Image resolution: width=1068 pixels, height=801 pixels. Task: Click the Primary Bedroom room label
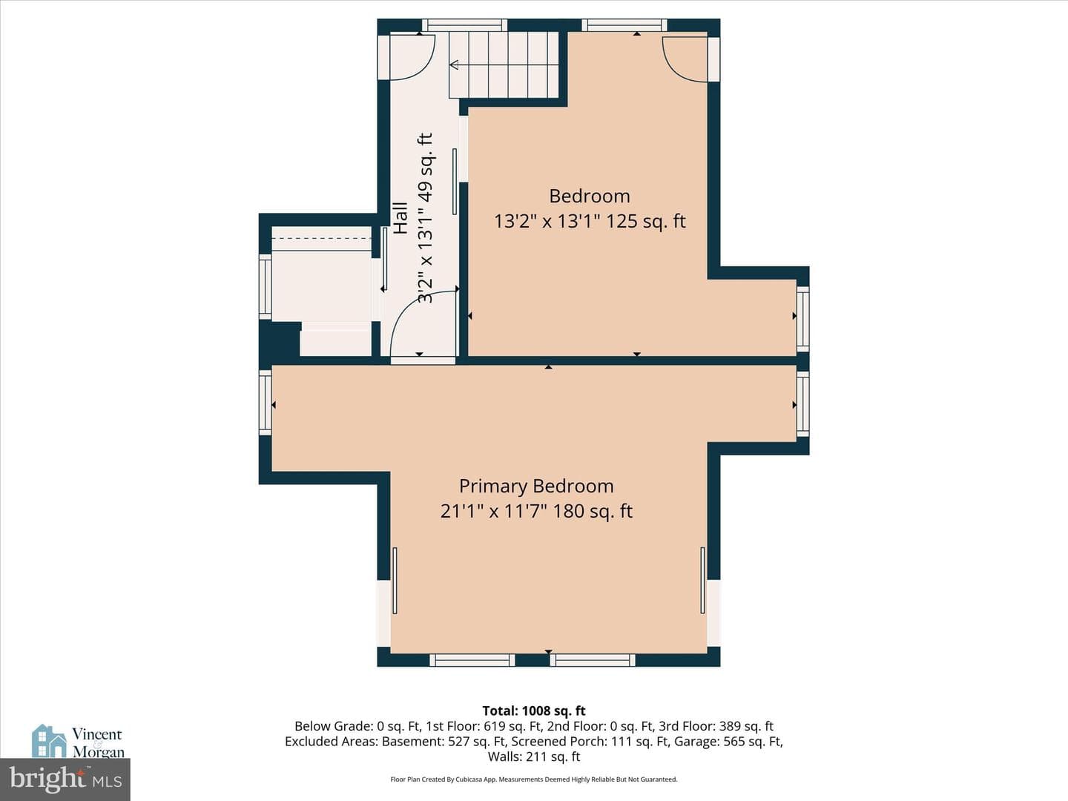536,487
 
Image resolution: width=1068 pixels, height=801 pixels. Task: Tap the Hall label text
400,218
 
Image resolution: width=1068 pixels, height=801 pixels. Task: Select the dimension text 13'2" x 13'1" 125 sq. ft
590,221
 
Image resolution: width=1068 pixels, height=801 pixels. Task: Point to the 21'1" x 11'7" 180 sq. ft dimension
536,511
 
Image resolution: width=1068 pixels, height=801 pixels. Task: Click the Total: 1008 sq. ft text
534,711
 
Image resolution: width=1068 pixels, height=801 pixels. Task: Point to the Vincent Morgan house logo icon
49,741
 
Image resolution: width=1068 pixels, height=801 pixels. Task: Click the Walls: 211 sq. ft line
534,756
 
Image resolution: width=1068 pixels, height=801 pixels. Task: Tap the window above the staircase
464,25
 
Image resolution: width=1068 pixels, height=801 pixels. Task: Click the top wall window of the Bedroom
624,25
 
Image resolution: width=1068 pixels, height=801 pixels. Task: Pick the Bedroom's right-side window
802,319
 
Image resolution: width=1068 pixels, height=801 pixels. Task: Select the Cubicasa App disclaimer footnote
534,779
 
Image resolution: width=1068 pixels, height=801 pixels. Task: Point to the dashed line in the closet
322,238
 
